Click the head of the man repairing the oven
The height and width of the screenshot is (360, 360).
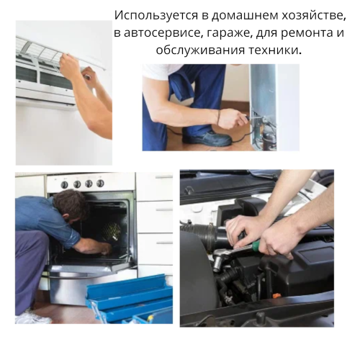(72, 204)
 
